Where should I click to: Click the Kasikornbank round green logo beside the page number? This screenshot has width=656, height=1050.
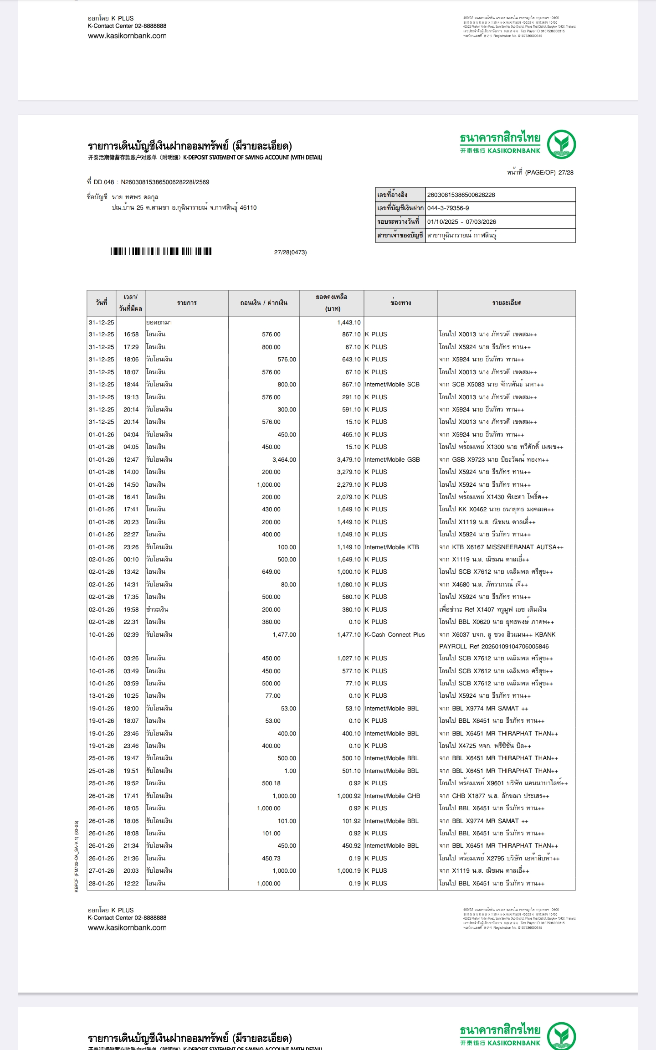coord(561,144)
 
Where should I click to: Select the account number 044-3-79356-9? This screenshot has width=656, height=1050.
coord(448,208)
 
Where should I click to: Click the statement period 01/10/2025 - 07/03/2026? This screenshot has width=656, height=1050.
coord(461,222)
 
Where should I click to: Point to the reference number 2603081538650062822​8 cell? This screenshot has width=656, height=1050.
coord(461,195)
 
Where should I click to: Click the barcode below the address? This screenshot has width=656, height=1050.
coord(161,252)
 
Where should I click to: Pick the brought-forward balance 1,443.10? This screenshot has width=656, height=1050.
coord(349,323)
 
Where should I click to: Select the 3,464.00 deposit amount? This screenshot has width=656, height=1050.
coord(284,460)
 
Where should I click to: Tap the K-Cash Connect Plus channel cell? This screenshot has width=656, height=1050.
coord(395,635)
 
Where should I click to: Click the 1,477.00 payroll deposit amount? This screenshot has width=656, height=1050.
coord(284,635)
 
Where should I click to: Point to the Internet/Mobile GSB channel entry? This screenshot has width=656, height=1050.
coord(392,460)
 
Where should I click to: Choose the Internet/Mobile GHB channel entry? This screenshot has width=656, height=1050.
coord(392,796)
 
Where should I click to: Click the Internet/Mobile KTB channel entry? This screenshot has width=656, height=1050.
coord(392,547)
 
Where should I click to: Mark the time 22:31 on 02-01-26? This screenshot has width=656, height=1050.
coord(131,622)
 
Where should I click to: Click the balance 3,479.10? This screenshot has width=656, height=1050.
coord(348,460)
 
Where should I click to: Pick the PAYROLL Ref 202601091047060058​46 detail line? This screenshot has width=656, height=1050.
coord(494,647)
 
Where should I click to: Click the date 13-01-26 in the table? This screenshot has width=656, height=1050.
coord(101,696)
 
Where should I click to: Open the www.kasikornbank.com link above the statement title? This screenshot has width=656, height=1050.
coord(127,36)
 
